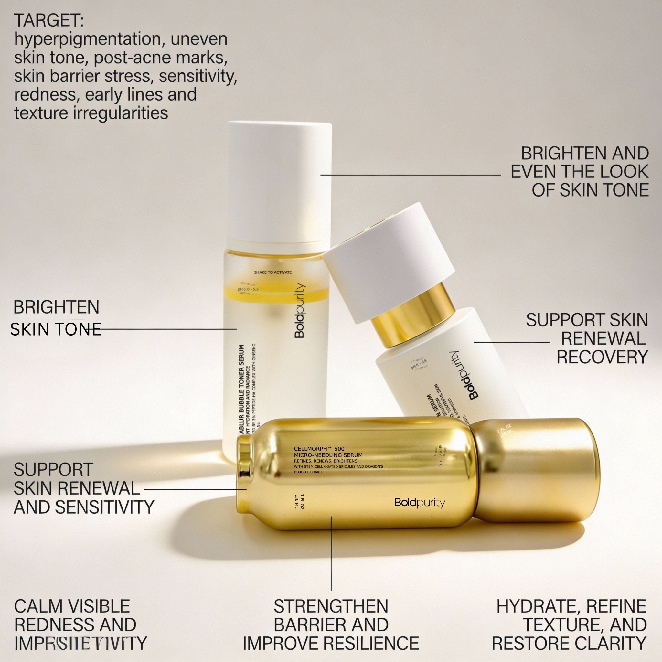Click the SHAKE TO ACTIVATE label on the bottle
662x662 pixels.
(273, 272)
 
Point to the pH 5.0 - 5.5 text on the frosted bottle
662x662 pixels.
(249, 289)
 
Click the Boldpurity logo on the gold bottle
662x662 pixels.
(419, 503)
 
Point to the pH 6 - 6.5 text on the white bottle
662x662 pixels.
(419, 364)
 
